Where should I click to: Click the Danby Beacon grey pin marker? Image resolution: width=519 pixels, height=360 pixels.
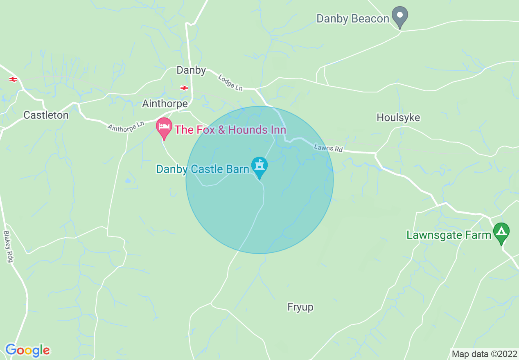400,16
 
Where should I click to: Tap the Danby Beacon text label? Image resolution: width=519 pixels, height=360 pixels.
353,19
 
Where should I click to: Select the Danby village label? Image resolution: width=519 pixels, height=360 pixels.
191,70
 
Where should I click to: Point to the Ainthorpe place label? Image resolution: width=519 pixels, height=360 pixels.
165,104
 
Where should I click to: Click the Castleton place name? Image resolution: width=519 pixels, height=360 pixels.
46,115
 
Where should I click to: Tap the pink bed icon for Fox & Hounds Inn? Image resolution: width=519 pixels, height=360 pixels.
164,127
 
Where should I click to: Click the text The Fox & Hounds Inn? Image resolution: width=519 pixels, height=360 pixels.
230,130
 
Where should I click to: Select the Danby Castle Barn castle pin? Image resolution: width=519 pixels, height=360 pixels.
259,166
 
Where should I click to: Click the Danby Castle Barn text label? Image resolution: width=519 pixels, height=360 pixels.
203,169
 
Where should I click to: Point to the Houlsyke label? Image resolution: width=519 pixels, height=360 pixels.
398,118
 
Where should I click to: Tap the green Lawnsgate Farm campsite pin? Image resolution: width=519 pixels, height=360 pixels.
501,232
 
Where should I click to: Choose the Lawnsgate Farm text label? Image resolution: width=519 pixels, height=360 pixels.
449,235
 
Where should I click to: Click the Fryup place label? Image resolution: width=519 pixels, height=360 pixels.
300,307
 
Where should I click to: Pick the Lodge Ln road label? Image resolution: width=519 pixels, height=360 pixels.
230,82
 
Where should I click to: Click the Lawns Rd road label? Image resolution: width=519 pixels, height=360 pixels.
328,148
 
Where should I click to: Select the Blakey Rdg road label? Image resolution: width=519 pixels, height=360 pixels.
9,247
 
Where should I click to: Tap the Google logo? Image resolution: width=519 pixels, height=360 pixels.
27,351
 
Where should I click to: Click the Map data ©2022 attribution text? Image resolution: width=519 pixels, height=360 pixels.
484,354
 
